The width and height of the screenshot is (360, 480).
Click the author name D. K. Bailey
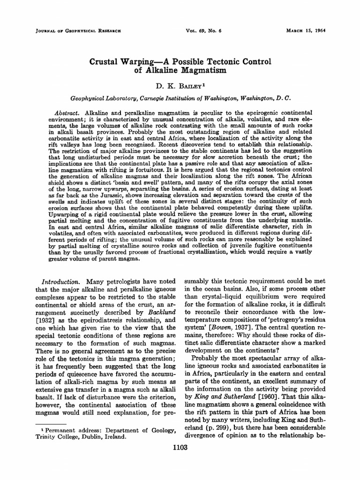coord(180,87)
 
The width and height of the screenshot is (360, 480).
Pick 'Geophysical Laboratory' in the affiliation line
coord(103,99)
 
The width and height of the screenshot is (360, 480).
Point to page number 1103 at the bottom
coord(180,448)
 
